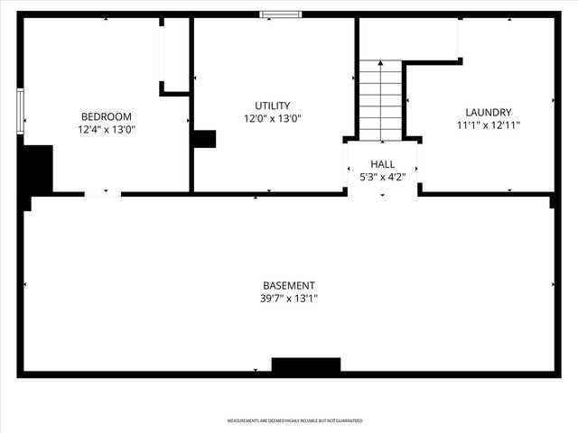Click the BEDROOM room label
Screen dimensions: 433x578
[107, 116]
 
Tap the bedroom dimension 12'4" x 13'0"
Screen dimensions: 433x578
[107, 129]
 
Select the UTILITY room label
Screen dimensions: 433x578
[272, 106]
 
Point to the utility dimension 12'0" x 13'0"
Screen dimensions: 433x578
[272, 118]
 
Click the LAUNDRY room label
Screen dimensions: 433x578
[489, 113]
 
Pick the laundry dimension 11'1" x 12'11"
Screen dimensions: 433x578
[489, 125]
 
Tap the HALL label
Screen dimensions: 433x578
[383, 164]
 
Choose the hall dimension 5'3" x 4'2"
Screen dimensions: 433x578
[383, 177]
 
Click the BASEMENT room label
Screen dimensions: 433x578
[289, 286]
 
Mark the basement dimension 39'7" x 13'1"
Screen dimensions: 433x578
[289, 299]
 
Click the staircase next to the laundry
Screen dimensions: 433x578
[380, 100]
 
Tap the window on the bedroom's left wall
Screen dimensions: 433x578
[20, 110]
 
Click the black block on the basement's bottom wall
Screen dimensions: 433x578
[306, 365]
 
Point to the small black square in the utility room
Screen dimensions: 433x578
[204, 139]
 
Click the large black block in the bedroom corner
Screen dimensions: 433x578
[37, 170]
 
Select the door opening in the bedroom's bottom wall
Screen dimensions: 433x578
[103, 193]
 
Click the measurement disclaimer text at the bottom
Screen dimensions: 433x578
[294, 421]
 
